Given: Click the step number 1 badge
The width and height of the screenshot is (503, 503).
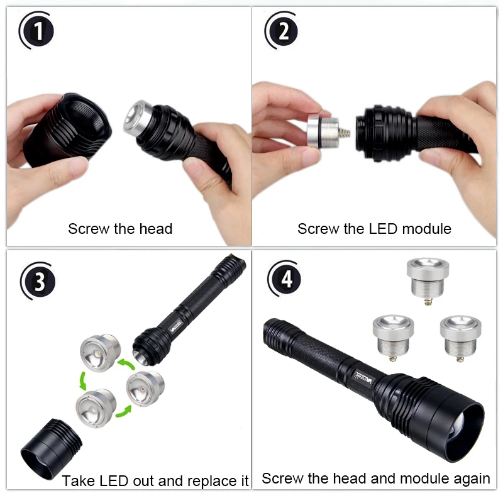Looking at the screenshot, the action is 36,30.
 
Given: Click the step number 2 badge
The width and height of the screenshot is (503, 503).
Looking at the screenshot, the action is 282,30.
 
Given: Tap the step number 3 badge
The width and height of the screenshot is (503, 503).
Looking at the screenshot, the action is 38,281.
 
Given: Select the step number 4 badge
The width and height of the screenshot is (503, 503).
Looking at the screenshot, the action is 285,279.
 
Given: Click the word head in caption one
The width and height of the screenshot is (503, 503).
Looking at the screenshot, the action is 156,229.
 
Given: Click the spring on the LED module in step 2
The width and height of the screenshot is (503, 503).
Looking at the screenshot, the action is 344,132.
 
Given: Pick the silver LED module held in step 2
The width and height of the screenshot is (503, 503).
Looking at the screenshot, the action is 323,131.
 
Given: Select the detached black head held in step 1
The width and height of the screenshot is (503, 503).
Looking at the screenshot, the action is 69,130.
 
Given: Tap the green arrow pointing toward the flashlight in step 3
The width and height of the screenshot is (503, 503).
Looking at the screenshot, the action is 126,364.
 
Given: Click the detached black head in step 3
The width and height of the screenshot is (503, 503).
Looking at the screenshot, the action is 51,449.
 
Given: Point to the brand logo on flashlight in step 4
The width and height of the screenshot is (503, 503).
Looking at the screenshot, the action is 363,377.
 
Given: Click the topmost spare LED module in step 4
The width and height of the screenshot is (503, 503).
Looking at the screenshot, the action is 428,280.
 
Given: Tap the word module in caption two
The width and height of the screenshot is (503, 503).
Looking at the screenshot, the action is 427,229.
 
